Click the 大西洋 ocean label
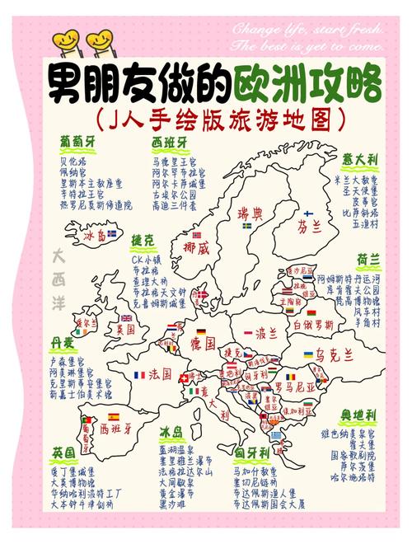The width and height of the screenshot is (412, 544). tap(59, 270)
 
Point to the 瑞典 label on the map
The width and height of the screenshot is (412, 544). tap(250, 213)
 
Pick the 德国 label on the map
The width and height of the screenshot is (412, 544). tap(202, 341)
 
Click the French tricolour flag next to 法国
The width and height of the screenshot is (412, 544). tap(139, 375)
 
